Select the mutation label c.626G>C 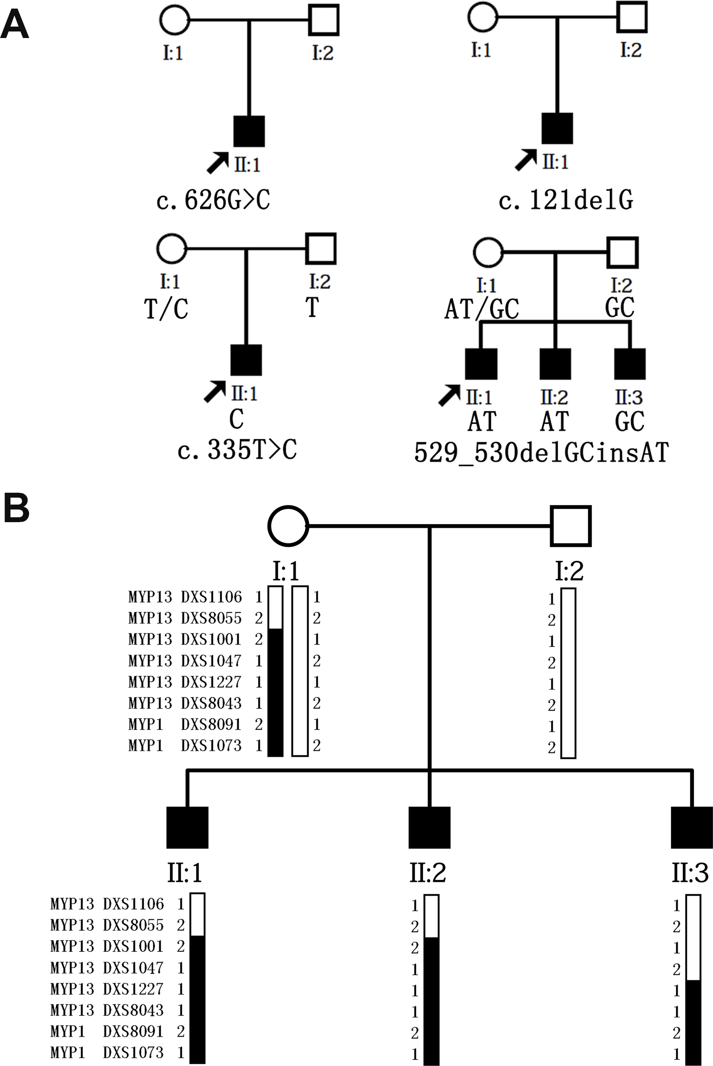coord(213,200)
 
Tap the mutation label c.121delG coord(566,200)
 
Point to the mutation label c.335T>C coord(237,450)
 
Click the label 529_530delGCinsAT coord(541,453)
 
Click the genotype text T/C coord(166,309)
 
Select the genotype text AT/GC coord(482,309)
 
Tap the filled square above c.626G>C coord(249,131)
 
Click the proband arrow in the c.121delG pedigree coord(526,159)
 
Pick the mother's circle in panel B coord(288,526)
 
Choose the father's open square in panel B coord(571,526)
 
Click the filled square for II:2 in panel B coord(429,828)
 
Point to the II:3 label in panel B coord(690,873)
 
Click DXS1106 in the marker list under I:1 coord(211,597)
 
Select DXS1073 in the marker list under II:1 coord(133,1053)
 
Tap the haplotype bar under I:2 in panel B coord(568,673)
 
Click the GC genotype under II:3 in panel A coord(629,421)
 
